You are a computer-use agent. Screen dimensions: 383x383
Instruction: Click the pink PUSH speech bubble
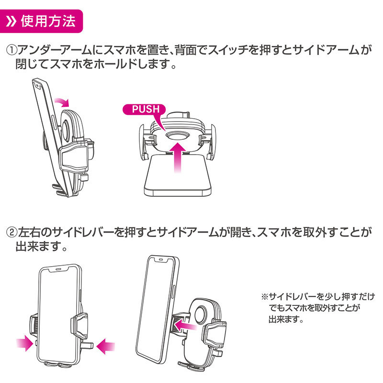click(x=144, y=109)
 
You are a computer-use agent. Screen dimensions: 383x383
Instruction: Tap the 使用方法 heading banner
click(x=41, y=21)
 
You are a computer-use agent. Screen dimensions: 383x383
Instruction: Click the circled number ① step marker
click(x=11, y=51)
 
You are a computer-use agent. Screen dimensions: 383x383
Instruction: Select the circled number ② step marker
click(x=11, y=233)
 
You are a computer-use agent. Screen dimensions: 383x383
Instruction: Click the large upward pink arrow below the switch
click(x=178, y=158)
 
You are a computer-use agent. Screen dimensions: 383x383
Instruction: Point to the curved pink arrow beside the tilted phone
click(x=62, y=101)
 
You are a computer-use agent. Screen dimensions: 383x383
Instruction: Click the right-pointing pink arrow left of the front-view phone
click(x=25, y=343)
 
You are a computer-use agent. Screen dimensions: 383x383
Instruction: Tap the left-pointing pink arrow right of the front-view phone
click(x=105, y=346)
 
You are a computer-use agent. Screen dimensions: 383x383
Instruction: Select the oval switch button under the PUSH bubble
click(x=178, y=136)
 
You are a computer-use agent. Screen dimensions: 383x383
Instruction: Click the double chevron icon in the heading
click(x=11, y=22)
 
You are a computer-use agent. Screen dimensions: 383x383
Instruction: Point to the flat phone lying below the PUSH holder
click(x=178, y=176)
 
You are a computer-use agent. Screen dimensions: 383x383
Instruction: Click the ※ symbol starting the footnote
click(x=265, y=297)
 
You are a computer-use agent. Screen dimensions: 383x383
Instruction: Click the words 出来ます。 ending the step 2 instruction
click(x=42, y=246)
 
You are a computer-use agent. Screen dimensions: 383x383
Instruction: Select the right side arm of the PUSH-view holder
click(x=211, y=142)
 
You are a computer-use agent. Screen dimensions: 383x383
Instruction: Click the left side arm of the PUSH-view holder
click(x=143, y=142)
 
